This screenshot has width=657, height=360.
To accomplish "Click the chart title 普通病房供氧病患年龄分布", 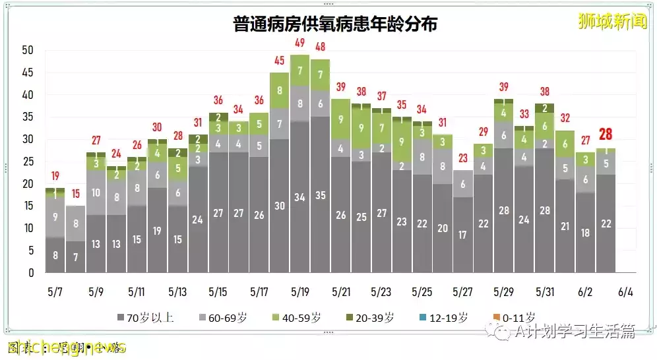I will [334, 24].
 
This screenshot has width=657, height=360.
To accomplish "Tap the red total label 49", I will [299, 44].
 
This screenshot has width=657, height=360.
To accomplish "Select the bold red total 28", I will [606, 135].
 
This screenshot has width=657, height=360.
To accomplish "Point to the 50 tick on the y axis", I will [28, 50].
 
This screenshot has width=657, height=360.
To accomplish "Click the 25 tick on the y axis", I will [28, 162].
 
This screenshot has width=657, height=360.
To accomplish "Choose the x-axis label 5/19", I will [300, 291].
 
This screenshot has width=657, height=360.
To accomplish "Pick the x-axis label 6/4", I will [626, 291].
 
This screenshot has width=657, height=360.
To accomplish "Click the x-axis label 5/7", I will [55, 291].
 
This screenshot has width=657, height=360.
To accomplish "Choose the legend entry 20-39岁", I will [371, 318].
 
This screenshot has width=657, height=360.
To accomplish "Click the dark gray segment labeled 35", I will [321, 195].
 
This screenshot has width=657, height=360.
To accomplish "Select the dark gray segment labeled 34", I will [299, 197].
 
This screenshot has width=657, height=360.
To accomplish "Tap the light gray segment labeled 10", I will [96, 193].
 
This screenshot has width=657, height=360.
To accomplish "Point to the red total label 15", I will [75, 194].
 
